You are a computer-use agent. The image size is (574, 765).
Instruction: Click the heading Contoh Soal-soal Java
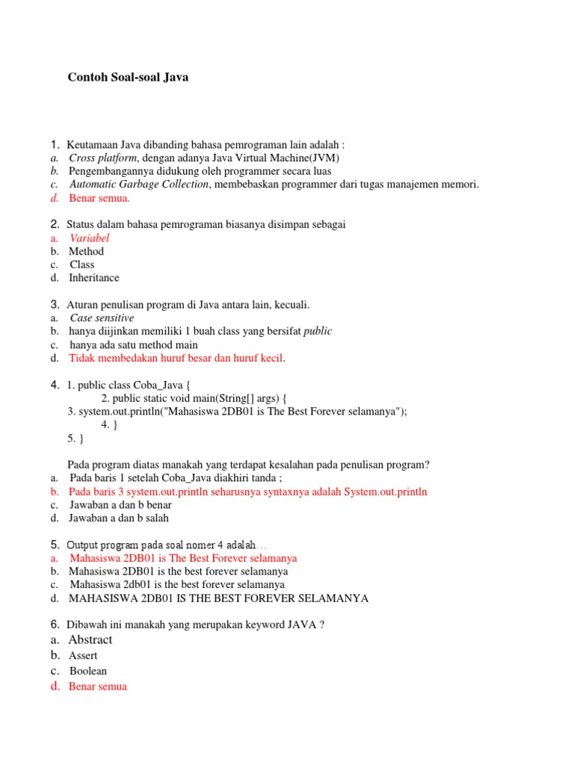128,77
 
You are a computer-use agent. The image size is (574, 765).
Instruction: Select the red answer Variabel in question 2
90,238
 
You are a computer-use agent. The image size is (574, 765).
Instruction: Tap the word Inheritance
94,278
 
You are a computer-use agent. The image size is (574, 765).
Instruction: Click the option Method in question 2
87,251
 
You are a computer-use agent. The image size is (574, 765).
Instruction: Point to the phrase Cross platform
103,158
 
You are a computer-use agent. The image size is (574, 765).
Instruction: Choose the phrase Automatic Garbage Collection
139,185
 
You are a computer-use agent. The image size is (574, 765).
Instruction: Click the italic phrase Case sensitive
102,318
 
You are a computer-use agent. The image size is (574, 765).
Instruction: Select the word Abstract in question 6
90,639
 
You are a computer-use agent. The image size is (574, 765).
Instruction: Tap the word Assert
83,656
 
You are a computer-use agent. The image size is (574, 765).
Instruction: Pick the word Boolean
87,671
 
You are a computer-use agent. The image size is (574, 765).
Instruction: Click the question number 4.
55,385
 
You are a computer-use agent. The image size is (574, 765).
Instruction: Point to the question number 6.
55,624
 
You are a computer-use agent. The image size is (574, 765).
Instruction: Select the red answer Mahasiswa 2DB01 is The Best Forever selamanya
183,558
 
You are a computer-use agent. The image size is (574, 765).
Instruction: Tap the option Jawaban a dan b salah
119,518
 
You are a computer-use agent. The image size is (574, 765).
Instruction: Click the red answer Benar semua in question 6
98,687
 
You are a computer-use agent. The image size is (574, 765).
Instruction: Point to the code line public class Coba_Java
135,385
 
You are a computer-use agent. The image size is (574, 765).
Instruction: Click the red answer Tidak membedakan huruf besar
176,359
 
